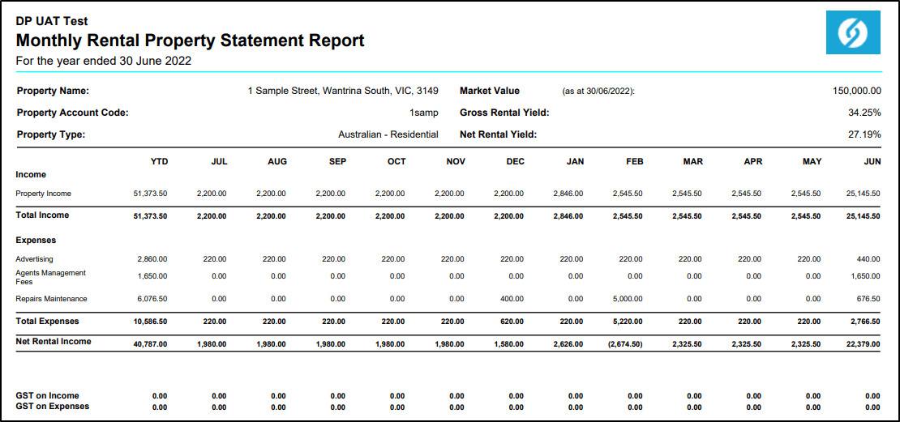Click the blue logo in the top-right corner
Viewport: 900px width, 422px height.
click(853, 33)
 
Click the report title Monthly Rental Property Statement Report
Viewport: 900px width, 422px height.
click(190, 40)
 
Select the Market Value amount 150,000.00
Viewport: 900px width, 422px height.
click(856, 92)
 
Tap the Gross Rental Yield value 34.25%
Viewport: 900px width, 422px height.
click(864, 113)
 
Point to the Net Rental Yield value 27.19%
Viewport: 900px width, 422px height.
click(864, 134)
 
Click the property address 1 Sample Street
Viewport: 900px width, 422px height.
click(343, 92)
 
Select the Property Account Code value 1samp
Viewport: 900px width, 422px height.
click(423, 113)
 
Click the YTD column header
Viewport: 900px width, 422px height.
click(159, 162)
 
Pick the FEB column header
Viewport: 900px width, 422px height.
click(634, 162)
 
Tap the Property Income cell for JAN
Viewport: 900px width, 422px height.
click(568, 194)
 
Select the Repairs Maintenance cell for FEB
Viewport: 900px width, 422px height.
click(628, 299)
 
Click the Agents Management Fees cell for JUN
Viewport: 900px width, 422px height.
click(865, 276)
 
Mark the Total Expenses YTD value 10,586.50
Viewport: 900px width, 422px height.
click(150, 322)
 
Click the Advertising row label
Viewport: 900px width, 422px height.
click(34, 259)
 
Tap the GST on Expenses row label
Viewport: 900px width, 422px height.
click(52, 407)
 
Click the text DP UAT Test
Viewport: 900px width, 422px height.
click(52, 21)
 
